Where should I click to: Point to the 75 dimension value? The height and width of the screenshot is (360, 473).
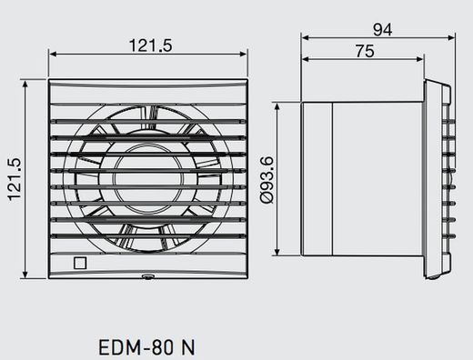tap(364, 52)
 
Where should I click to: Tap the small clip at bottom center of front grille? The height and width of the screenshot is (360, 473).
tap(147, 275)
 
